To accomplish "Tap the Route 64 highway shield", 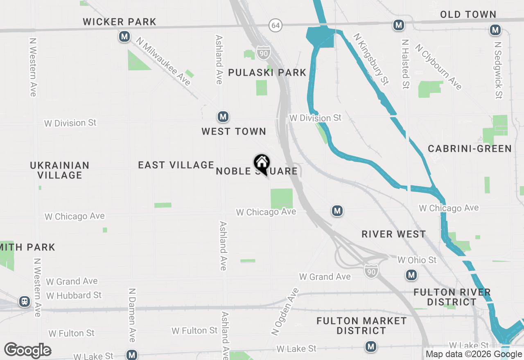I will [x=276, y=25].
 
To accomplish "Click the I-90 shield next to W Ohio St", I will [x=370, y=270].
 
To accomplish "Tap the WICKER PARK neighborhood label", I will [x=120, y=22].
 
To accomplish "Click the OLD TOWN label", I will [x=468, y=15].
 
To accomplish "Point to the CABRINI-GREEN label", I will [x=470, y=148].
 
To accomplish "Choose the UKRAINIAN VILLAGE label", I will [x=60, y=170].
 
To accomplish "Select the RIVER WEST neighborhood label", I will [x=393, y=234].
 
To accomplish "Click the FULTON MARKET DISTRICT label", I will [x=361, y=326].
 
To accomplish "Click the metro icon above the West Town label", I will [x=223, y=117].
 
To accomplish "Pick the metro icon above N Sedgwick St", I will [x=495, y=30].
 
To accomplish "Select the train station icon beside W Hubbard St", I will [x=25, y=302].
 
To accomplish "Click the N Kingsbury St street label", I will [x=370, y=59].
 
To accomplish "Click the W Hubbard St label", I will [x=74, y=295].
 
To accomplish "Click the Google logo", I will [x=27, y=350].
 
